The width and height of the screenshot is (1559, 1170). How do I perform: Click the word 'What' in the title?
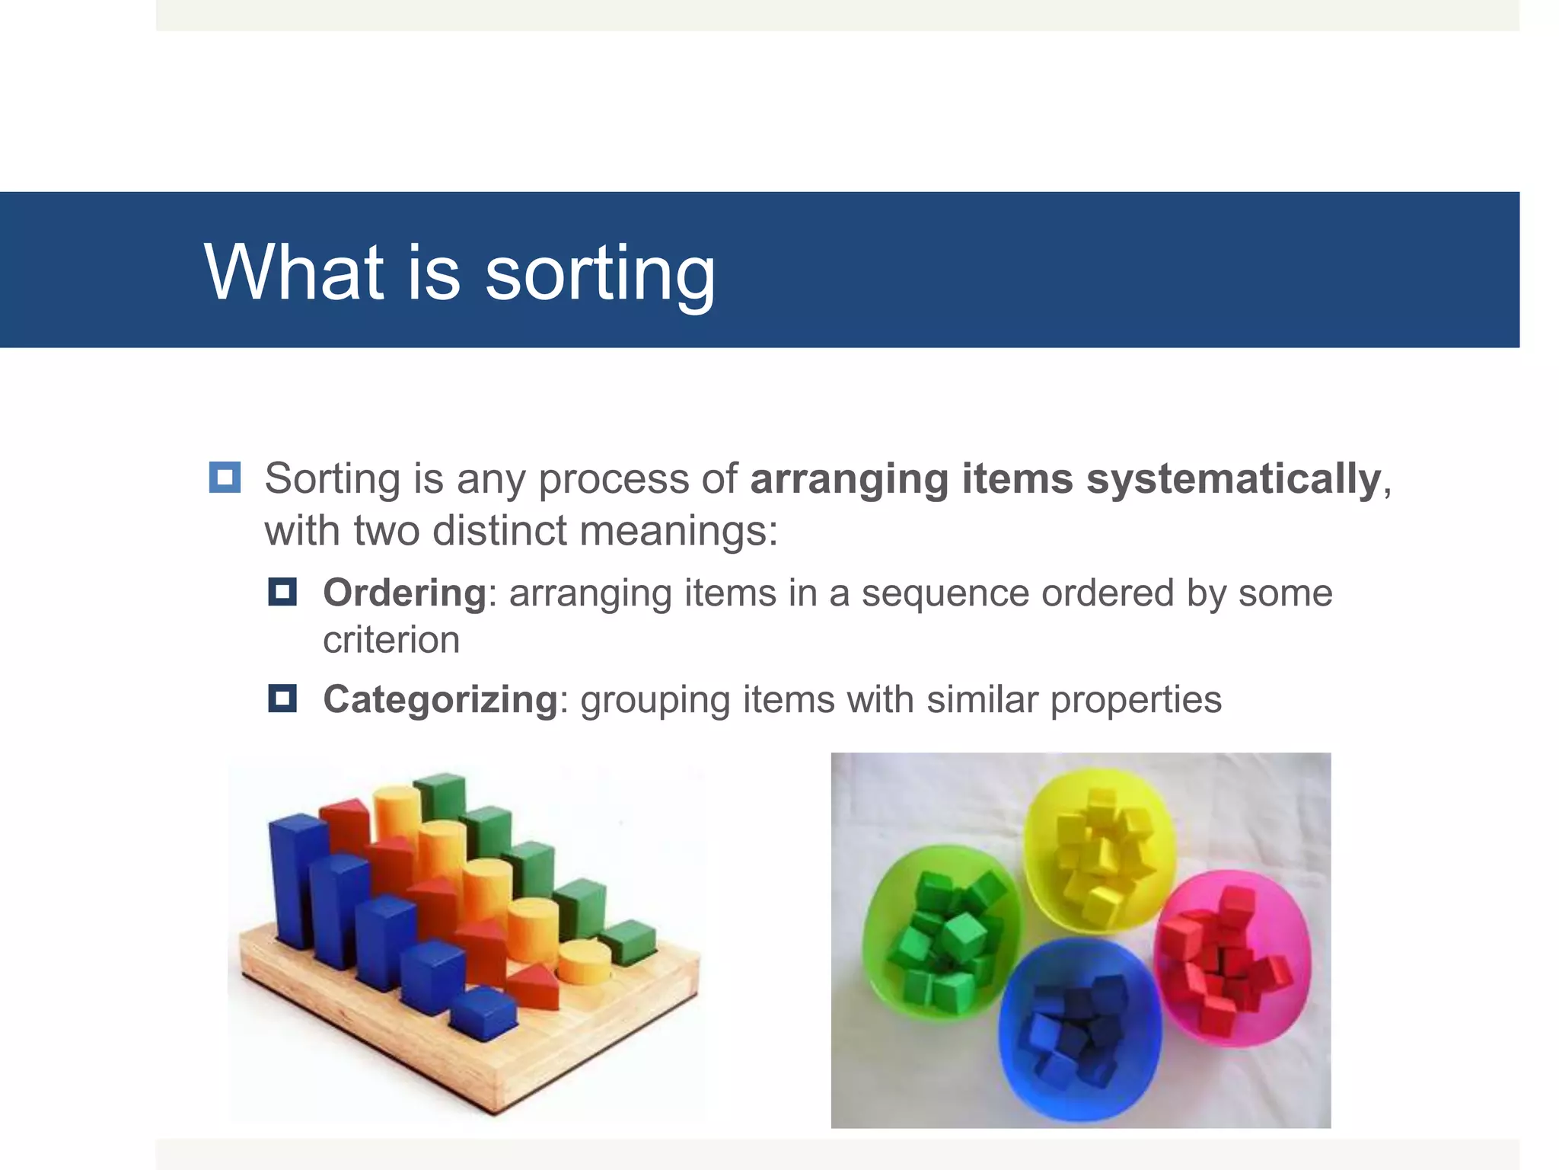pos(294,272)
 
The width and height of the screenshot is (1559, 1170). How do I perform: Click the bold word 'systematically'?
pos(1233,479)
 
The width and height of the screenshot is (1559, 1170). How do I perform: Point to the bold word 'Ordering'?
pos(404,593)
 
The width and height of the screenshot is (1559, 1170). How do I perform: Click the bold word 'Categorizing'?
pos(441,699)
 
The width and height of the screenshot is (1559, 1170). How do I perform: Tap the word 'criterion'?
pos(391,640)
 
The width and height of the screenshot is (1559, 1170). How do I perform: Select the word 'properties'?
pos(1135,700)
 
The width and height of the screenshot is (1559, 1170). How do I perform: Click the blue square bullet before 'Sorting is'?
pos(225,478)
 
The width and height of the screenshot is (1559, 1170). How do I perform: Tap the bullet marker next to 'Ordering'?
pos(282,591)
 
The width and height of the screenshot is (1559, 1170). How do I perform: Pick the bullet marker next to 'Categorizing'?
pos(282,698)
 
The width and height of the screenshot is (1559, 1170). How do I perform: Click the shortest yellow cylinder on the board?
pos(584,962)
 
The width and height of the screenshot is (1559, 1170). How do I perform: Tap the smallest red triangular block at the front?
pos(533,986)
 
